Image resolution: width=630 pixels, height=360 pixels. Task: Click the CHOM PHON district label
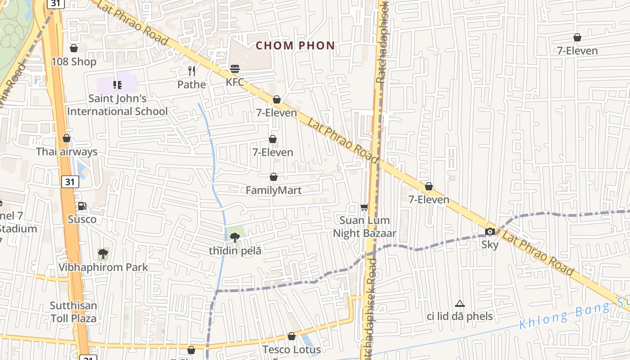click(295, 45)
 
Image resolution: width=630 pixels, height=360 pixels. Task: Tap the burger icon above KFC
click(235, 69)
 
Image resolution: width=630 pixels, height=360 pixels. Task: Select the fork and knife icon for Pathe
click(192, 71)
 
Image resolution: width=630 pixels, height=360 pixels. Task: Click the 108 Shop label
click(74, 62)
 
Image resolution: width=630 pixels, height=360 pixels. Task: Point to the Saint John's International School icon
click(117, 85)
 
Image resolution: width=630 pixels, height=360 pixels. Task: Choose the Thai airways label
click(67, 152)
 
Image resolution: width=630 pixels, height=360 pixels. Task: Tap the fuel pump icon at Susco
click(82, 206)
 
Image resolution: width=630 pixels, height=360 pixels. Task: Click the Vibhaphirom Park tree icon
click(103, 254)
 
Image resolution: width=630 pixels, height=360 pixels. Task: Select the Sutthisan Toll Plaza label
click(73, 312)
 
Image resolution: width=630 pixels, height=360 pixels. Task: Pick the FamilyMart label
click(274, 190)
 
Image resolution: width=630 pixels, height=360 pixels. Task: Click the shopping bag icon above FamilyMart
click(273, 177)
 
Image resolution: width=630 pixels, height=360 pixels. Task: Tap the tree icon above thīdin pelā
click(234, 237)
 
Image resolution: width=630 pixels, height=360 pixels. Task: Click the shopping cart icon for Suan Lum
click(364, 207)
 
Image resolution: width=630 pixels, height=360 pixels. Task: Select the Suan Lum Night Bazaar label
click(364, 227)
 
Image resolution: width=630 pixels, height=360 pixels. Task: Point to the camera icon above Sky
click(490, 232)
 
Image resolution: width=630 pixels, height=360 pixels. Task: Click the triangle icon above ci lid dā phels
click(459, 304)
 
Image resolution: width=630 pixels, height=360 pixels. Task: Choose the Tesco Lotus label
click(292, 349)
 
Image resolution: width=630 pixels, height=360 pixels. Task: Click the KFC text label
click(235, 82)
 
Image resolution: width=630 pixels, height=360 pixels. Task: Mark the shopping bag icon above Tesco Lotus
click(292, 336)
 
